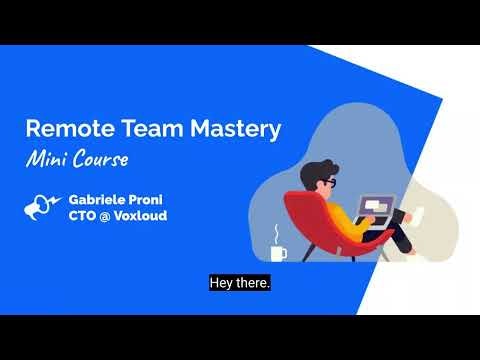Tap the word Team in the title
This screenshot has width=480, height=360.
(138, 129)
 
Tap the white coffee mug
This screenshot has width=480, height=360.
(277, 253)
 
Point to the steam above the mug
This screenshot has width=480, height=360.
(276, 234)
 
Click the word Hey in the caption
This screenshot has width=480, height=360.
(221, 283)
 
